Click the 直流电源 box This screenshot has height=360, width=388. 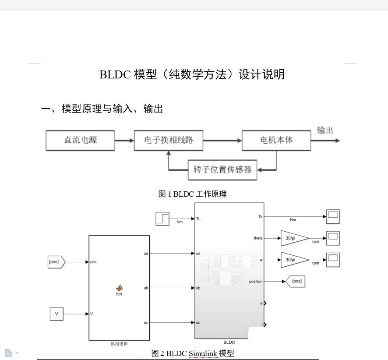[81, 140]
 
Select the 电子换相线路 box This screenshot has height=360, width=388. [169, 140]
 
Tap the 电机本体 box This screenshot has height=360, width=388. [276, 140]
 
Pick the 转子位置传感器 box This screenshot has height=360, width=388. [222, 170]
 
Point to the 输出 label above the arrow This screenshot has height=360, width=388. [325, 130]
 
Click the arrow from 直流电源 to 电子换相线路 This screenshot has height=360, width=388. [124, 141]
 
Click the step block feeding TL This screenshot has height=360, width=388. [162, 219]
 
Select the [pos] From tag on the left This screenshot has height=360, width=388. [56, 262]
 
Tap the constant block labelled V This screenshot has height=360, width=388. [56, 314]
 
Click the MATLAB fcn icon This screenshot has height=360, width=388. [119, 288]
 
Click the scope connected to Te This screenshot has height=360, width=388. [333, 216]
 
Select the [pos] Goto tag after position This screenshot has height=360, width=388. [295, 281]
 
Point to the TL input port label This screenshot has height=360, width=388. [198, 219]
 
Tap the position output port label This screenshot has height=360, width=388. [256, 282]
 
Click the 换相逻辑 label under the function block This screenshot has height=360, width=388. [119, 344]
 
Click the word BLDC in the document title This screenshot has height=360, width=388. [115, 74]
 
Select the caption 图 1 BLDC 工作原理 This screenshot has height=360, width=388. [193, 194]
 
